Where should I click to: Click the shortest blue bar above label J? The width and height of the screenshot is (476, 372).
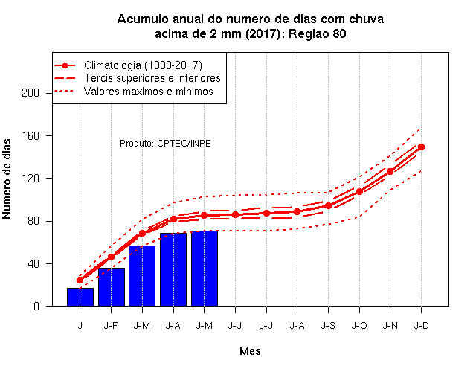click(80, 297)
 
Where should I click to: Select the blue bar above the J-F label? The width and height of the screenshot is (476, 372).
click(112, 287)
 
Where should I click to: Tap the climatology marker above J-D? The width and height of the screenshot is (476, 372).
click(421, 147)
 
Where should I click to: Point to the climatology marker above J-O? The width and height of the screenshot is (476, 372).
click(359, 192)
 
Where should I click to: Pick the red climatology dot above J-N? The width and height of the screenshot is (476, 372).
click(390, 171)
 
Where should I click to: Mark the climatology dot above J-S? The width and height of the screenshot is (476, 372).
click(328, 205)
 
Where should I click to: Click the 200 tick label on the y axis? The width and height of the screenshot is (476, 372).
click(30, 93)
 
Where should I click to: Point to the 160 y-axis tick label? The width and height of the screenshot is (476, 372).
click(30, 135)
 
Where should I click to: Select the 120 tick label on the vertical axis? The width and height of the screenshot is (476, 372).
click(30, 179)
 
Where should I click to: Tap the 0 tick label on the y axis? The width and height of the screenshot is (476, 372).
click(36, 306)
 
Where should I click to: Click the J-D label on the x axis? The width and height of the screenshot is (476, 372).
click(422, 326)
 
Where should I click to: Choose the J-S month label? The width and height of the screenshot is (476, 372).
click(328, 326)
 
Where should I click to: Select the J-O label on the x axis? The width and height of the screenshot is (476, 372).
click(359, 326)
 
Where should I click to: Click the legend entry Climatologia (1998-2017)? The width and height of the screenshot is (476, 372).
click(143, 65)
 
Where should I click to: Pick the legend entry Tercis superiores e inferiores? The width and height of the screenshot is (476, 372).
click(152, 78)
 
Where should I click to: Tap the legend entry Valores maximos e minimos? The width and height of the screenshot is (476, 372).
click(149, 91)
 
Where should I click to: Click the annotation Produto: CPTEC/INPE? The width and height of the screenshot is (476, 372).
click(165, 144)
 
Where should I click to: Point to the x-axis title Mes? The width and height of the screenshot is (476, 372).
click(250, 351)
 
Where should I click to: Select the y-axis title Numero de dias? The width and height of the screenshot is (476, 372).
click(7, 179)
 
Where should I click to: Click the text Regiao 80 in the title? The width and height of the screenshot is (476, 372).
click(318, 33)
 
